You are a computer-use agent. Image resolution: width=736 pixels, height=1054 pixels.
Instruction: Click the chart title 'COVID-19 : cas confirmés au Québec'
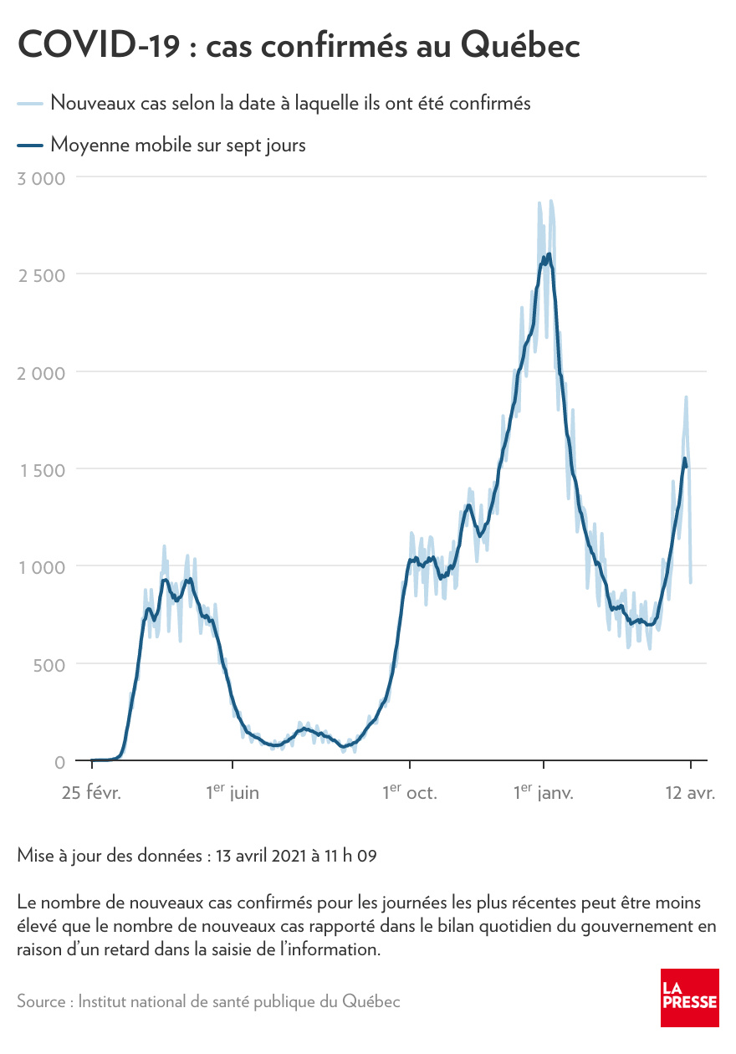point(299,45)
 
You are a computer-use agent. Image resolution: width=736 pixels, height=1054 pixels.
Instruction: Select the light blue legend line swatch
point(30,104)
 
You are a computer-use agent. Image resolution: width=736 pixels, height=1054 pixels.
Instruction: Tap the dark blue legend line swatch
point(30,146)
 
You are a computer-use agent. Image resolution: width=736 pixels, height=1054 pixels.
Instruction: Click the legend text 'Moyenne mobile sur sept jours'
point(178,145)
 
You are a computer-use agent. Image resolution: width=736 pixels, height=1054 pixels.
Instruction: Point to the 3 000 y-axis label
point(41,177)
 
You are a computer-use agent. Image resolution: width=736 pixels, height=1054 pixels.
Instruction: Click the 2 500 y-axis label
point(41,275)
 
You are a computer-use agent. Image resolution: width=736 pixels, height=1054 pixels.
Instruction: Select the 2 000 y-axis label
point(41,372)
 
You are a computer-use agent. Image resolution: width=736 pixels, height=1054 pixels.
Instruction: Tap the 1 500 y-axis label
point(42,470)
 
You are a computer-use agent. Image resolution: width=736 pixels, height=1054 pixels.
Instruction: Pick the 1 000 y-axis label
point(42,567)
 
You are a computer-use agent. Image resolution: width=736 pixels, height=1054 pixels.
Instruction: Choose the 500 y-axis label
point(48,665)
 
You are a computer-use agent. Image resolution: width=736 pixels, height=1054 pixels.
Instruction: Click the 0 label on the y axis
point(59,762)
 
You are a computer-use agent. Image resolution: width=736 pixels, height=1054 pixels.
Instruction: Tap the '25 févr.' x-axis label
point(91,792)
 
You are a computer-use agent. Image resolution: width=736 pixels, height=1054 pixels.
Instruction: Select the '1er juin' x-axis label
point(233,791)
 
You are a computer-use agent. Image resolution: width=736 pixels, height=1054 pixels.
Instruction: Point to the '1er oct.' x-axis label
point(410,791)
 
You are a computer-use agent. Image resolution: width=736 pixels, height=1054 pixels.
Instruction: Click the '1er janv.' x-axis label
point(544,791)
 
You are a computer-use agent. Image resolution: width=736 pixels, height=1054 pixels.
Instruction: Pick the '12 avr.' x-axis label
point(690,792)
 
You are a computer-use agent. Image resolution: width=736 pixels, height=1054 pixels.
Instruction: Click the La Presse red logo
point(690,998)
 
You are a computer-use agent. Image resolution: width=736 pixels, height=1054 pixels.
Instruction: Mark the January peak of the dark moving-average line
point(549,254)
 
